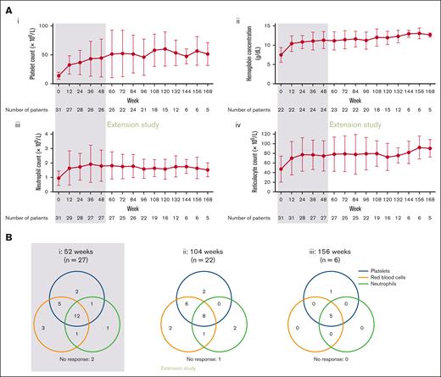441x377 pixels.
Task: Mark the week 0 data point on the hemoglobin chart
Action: (281, 55)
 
